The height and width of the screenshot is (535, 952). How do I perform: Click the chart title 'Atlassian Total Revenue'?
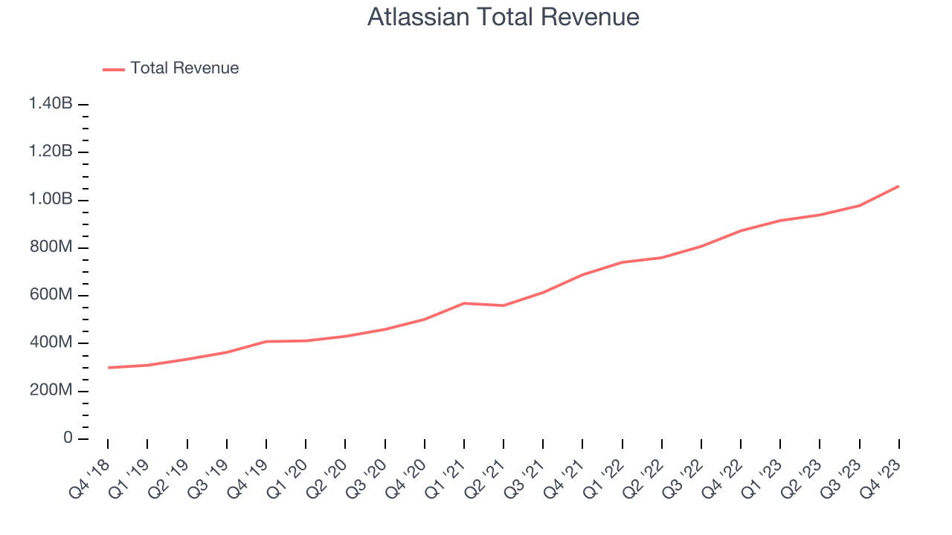(504, 18)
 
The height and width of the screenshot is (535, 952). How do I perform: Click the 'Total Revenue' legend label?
(184, 68)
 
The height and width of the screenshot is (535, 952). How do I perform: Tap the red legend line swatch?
(114, 69)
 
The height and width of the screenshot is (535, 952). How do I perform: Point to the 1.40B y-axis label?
(51, 104)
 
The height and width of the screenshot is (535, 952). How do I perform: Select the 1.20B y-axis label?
(51, 152)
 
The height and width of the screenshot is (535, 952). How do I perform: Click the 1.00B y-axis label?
(51, 200)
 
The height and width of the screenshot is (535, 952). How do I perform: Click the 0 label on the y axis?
(68, 438)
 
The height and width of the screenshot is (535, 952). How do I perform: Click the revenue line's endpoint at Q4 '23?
(898, 186)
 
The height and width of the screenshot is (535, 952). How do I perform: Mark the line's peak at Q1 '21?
(464, 303)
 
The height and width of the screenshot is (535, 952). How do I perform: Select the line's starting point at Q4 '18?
(108, 368)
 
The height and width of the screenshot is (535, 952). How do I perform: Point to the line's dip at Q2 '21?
(504, 305)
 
